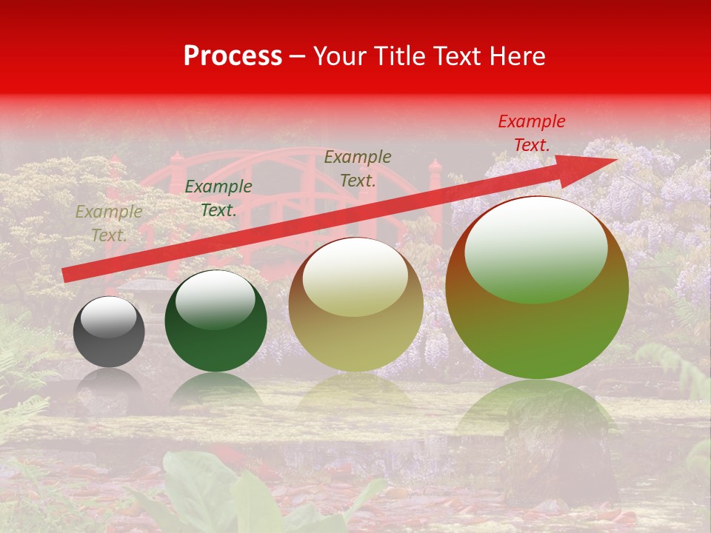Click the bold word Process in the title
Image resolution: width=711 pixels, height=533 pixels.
pyautogui.click(x=233, y=56)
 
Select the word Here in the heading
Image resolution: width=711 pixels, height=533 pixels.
pyautogui.click(x=517, y=56)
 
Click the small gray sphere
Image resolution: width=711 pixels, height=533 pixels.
pyautogui.click(x=109, y=332)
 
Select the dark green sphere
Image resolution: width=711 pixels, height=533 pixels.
pyautogui.click(x=216, y=321)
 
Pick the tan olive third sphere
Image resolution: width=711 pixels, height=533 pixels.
pyautogui.click(x=355, y=305)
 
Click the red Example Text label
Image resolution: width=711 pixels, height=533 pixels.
pyautogui.click(x=531, y=133)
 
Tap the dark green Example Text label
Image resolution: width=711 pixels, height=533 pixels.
pyautogui.click(x=218, y=198)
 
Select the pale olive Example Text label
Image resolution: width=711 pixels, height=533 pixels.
pyautogui.click(x=109, y=224)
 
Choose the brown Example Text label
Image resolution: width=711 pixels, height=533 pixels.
pyautogui.click(x=358, y=168)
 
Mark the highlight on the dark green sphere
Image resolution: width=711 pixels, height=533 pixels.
pyautogui.click(x=216, y=299)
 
